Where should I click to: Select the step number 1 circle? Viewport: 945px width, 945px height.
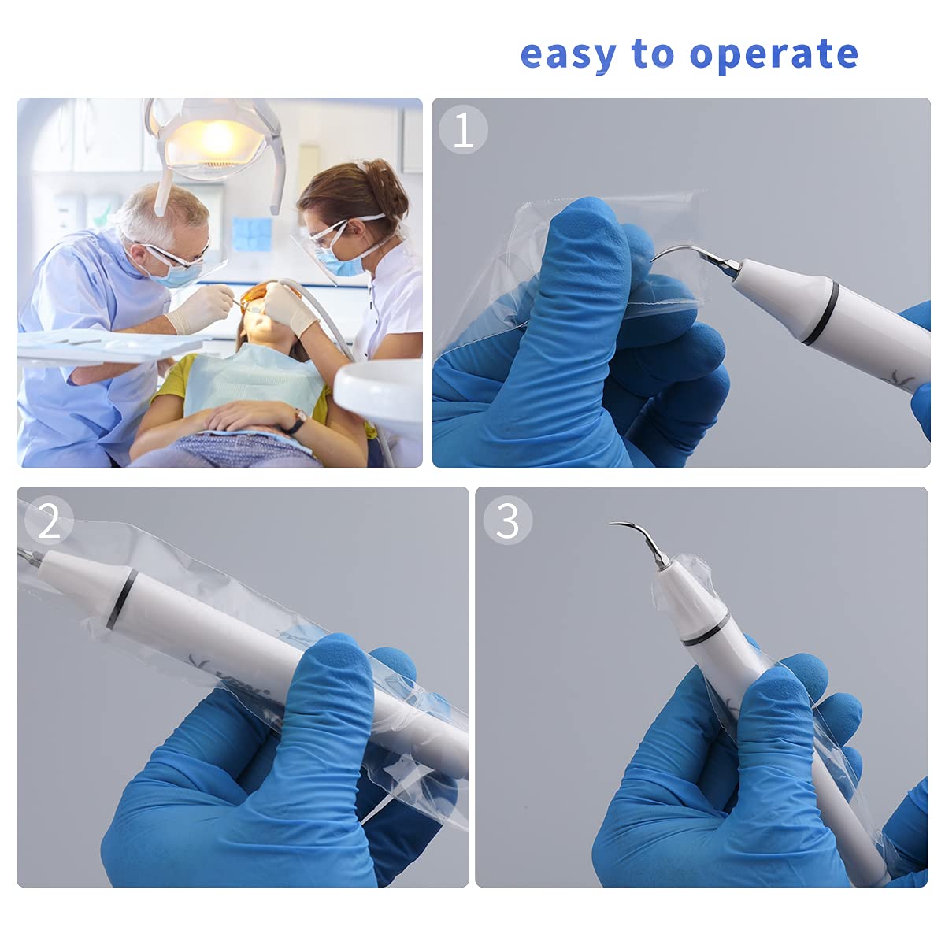pyautogui.click(x=464, y=130)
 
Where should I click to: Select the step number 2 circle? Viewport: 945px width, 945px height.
pyautogui.click(x=49, y=521)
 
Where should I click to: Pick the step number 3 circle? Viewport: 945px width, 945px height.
pyautogui.click(x=508, y=521)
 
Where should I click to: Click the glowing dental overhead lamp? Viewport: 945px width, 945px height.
pyautogui.click(x=214, y=142)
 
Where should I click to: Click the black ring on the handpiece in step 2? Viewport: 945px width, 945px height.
pyautogui.click(x=122, y=598)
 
